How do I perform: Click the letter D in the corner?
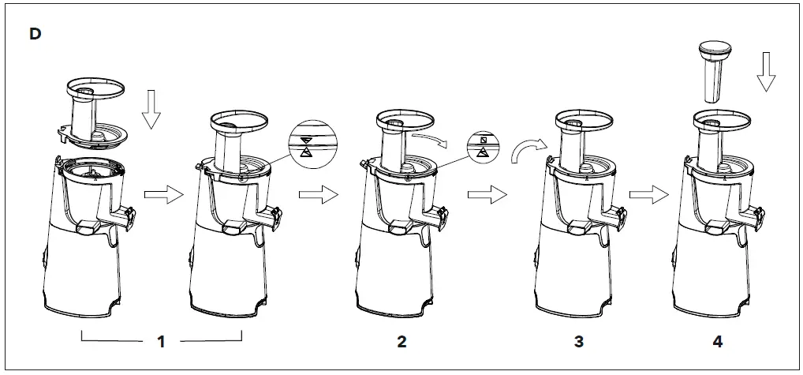point(35,36)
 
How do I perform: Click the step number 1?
point(162,343)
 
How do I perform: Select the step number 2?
point(401,343)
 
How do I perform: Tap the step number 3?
point(579,343)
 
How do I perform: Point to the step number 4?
point(718,343)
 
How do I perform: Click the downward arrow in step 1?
point(151,109)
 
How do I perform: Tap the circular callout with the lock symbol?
point(486,144)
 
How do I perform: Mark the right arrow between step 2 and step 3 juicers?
point(483,196)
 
